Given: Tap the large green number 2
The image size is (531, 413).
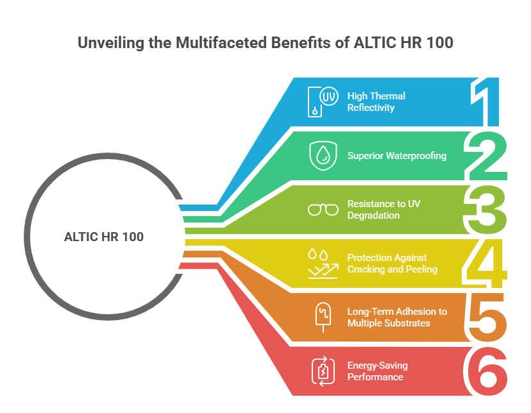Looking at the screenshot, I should coord(487,156).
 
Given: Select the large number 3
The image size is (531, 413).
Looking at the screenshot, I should coord(487,210).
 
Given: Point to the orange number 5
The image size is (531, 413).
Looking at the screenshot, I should coord(487,317).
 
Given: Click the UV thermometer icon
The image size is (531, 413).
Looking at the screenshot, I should coord(323,101).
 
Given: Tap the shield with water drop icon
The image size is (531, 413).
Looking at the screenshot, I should coord(323,155).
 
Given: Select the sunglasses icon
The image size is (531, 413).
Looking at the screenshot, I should coord(323,210).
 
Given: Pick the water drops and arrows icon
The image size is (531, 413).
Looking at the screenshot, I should coord(323,263).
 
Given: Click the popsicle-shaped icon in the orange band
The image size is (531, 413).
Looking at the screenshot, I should coord(323,317).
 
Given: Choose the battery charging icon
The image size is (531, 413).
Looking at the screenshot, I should coord(323,371).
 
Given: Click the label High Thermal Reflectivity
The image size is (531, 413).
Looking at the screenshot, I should coord(376,101).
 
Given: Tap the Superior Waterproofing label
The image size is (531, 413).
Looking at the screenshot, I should coord(397,155).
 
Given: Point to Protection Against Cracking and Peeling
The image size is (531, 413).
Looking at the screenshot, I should coord(392,263).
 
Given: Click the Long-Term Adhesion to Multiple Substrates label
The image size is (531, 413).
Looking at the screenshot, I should coord(397,317).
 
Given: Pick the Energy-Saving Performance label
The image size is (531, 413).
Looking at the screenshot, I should coord(378,371).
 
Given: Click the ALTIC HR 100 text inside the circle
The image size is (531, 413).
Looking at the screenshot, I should coord(104,237).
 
